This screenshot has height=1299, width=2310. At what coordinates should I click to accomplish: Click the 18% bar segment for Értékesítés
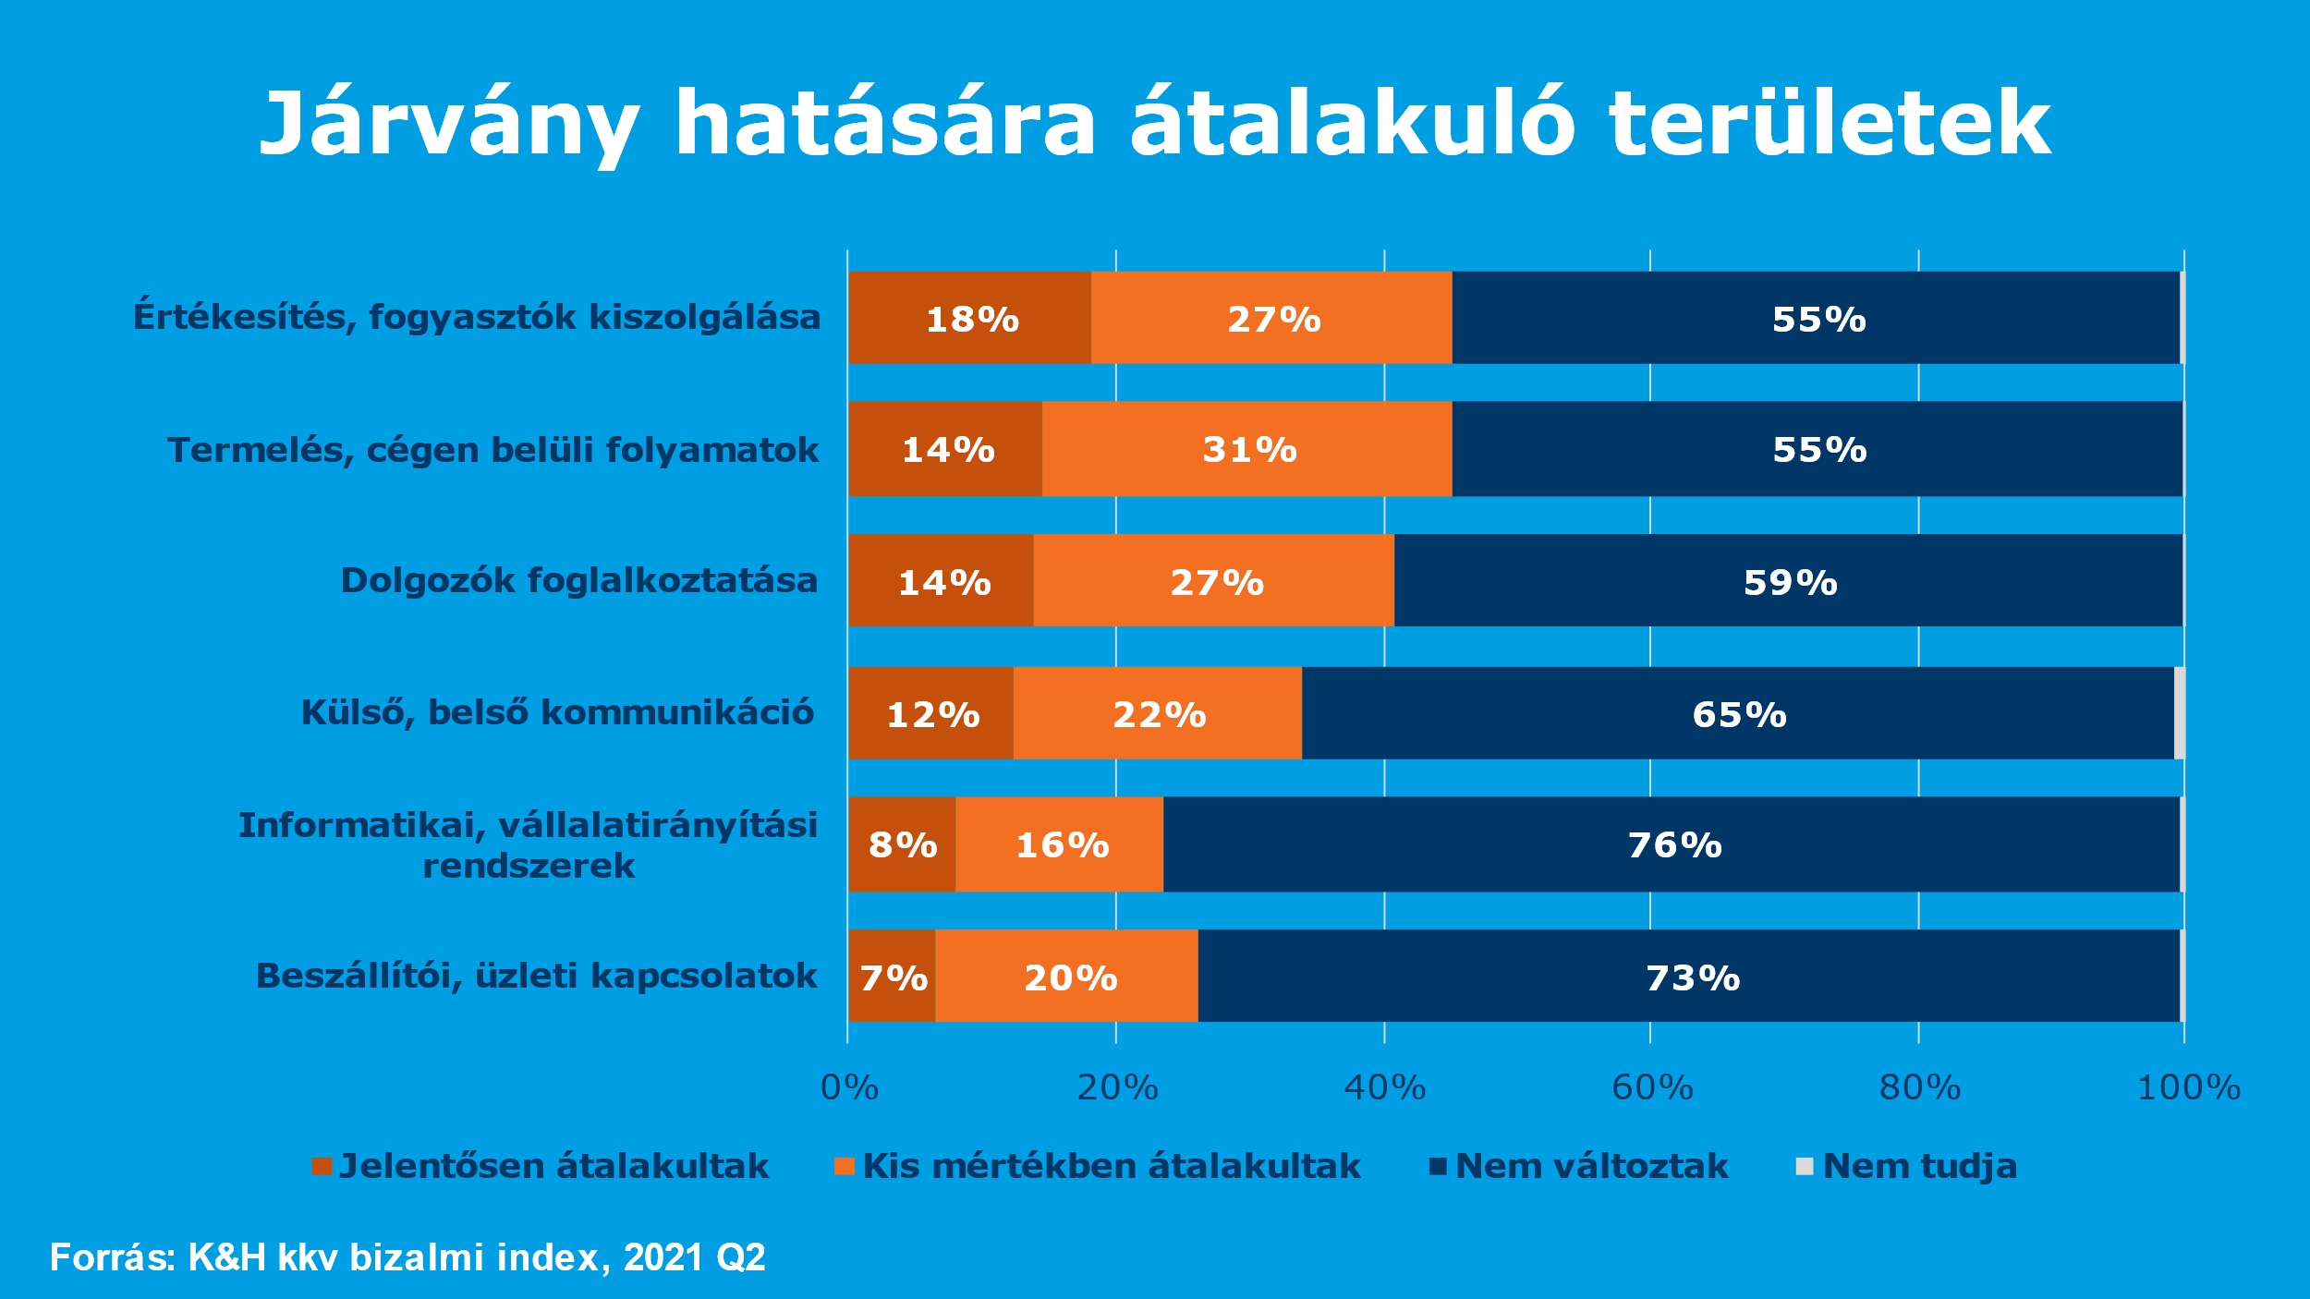point(969,318)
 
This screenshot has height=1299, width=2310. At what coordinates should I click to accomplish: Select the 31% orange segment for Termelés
point(1247,449)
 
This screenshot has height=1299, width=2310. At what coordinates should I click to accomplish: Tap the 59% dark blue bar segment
point(1789,581)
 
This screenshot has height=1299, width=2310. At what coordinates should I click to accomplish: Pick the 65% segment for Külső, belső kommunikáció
point(1737,713)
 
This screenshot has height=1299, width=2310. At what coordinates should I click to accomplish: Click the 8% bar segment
point(902,844)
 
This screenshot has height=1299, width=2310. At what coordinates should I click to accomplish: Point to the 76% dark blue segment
point(1672,844)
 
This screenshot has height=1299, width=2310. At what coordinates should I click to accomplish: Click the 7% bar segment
point(892,977)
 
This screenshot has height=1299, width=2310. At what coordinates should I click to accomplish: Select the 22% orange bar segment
point(1158,713)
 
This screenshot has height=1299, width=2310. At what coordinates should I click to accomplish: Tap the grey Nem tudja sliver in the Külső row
point(2180,713)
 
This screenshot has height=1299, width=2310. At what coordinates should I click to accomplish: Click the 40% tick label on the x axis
point(1384,1088)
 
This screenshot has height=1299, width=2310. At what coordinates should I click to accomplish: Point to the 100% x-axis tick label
point(2188,1088)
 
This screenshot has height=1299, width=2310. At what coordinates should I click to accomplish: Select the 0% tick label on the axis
point(849,1088)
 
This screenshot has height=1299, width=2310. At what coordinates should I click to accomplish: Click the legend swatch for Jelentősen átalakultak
point(322,1167)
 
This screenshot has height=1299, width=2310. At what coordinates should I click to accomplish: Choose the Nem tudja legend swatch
point(1804,1167)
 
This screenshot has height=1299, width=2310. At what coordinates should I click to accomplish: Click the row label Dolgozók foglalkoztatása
point(579,581)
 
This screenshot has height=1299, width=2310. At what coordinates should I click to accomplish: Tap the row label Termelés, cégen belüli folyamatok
point(492,450)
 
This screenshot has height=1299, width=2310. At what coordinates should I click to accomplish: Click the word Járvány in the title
point(449,125)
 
